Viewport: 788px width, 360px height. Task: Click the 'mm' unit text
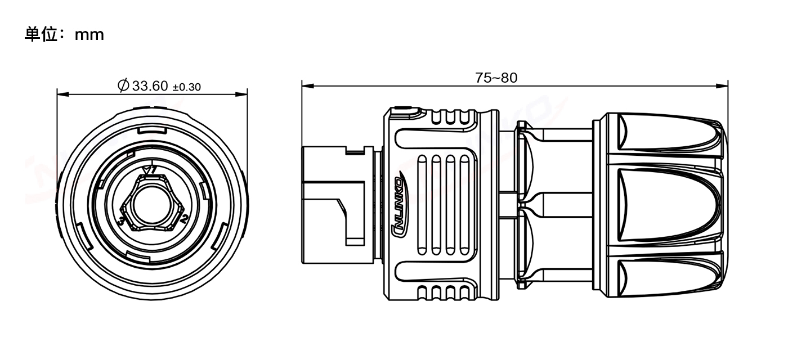[89, 35]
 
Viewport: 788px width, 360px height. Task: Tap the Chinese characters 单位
[41, 35]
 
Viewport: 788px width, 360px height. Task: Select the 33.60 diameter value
[150, 85]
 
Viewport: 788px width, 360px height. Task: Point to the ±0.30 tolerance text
[186, 87]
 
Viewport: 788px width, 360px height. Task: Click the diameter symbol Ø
[123, 85]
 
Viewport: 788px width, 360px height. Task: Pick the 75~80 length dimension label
[496, 78]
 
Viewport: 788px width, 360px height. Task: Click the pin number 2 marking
[183, 219]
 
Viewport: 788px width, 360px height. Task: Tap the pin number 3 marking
[122, 221]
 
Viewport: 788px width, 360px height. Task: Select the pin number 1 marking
[153, 170]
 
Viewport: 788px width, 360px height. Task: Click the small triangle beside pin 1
[145, 170]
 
